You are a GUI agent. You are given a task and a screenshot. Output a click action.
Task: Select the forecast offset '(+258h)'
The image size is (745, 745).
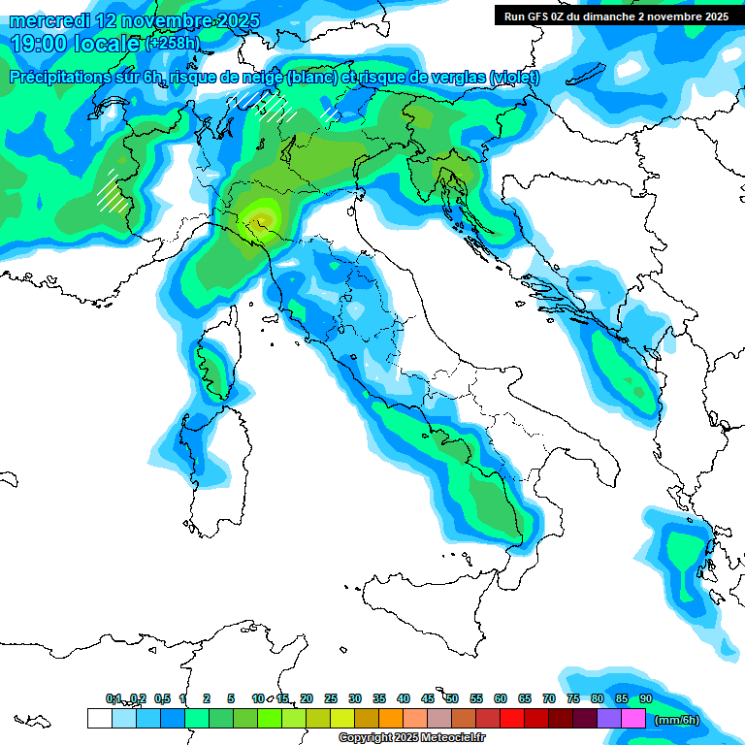pyautogui.click(x=173, y=44)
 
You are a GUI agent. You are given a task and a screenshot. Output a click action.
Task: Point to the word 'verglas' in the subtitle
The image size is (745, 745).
pyautogui.click(x=459, y=78)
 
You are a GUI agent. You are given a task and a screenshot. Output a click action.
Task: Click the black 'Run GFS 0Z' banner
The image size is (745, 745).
pyautogui.click(x=616, y=16)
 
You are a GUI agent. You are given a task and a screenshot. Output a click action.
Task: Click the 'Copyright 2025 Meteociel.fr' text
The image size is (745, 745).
pyautogui.click(x=411, y=737)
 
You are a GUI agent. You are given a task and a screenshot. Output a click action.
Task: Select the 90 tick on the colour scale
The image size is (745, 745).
pyautogui.click(x=646, y=698)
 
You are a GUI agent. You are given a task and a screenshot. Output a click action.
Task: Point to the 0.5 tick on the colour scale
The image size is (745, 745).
pyautogui.click(x=162, y=698)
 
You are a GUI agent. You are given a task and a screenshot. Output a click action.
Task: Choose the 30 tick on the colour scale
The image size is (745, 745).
pyautogui.click(x=355, y=698)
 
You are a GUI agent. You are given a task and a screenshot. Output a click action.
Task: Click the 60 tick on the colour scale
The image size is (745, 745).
pyautogui.click(x=501, y=698)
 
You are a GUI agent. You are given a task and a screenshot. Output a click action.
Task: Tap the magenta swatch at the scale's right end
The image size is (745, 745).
pyautogui.click(x=633, y=718)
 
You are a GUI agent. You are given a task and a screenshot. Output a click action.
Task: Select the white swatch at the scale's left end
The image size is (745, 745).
pyautogui.click(x=99, y=718)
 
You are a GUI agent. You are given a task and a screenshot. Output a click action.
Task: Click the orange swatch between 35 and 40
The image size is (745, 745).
pyautogui.click(x=390, y=718)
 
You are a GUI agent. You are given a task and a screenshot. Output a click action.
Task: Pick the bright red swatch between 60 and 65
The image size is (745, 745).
pyautogui.click(x=511, y=718)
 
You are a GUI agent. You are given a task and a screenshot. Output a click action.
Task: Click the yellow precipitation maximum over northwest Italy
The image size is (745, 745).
pyautogui.click(x=260, y=214)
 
